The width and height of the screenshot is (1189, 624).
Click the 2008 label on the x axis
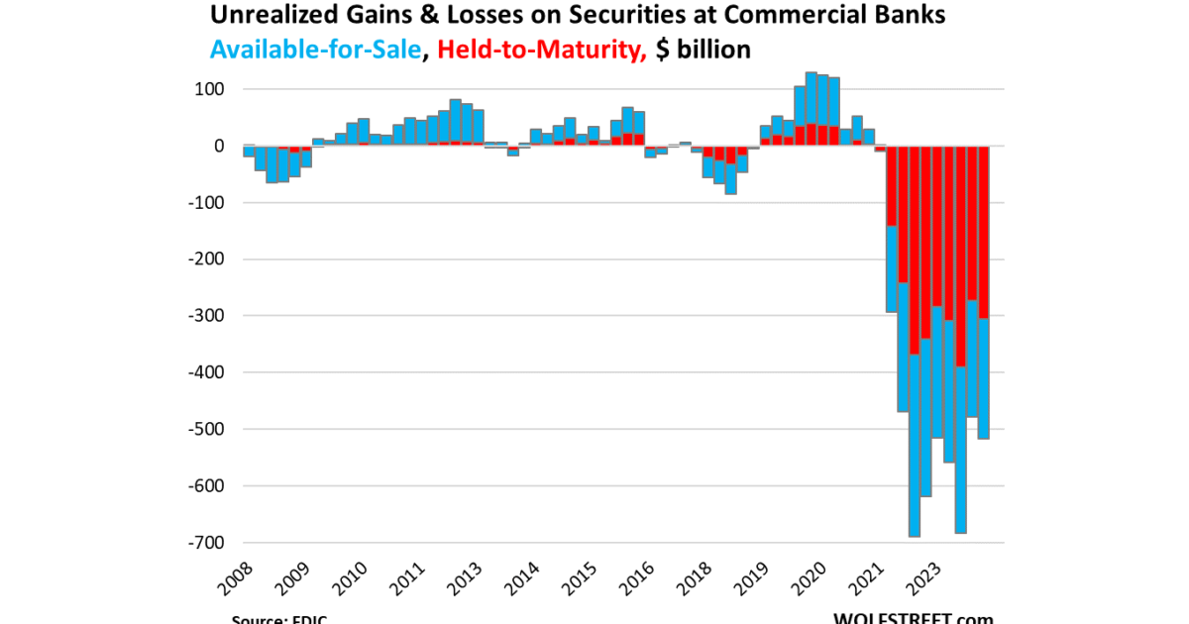point(236,576)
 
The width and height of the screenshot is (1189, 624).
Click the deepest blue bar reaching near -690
point(915,446)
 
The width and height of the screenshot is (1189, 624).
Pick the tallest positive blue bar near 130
point(811,98)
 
